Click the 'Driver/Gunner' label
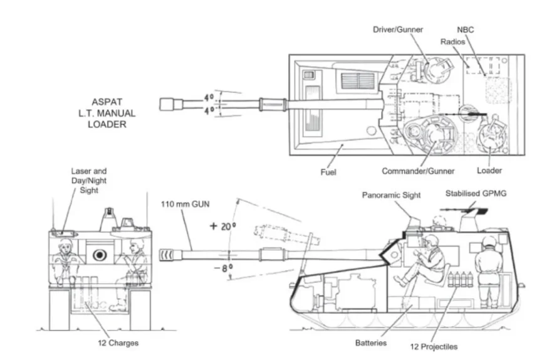tap(398, 29)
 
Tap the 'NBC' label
tap(468, 29)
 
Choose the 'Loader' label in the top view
tap(489, 171)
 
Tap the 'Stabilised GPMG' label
tap(477, 193)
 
